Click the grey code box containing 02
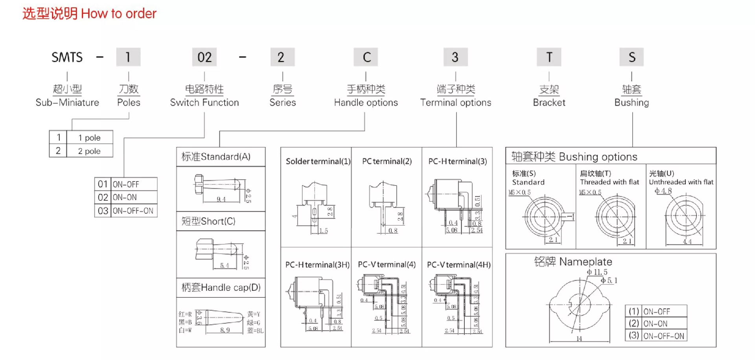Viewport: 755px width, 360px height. tap(204, 57)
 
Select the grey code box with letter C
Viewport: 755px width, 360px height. tap(366, 57)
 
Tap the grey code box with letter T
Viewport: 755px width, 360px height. tap(549, 57)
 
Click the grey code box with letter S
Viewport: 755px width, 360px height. tap(632, 57)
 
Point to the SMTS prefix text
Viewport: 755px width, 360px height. tap(67, 57)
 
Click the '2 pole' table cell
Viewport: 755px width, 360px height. tap(89, 151)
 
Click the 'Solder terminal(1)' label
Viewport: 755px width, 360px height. tap(318, 161)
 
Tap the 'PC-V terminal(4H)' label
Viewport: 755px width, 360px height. tap(459, 265)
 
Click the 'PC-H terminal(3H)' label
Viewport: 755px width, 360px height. tap(317, 265)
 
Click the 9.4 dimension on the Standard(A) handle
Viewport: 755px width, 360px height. tap(221, 199)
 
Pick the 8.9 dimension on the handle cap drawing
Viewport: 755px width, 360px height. tap(225, 330)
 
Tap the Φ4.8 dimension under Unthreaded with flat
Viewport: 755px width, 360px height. tap(663, 191)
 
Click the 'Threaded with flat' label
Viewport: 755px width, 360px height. tap(610, 182)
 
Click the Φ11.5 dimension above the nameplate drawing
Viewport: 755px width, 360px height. tap(597, 272)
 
